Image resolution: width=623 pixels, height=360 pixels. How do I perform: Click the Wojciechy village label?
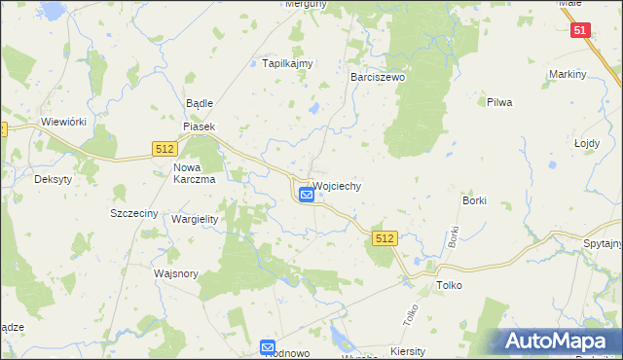coord(337,186)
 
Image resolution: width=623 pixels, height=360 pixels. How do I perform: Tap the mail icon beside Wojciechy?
coord(307,195)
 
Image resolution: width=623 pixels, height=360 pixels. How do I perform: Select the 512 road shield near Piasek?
coord(164,148)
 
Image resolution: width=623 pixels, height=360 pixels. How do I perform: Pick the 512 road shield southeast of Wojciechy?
coord(385,238)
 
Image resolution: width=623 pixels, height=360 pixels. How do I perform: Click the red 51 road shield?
coord(581,30)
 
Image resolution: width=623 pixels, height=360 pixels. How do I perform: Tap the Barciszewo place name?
coord(377,75)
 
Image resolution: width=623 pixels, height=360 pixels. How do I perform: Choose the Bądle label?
coord(199,103)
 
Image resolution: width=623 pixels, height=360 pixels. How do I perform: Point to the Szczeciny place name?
coord(134,213)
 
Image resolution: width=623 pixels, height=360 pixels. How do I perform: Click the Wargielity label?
coord(195,219)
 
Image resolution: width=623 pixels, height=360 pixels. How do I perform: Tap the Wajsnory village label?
coord(176,273)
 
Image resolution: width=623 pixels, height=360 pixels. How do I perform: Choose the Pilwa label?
coord(499,101)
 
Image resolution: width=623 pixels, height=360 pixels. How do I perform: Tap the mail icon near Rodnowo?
coord(268,346)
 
